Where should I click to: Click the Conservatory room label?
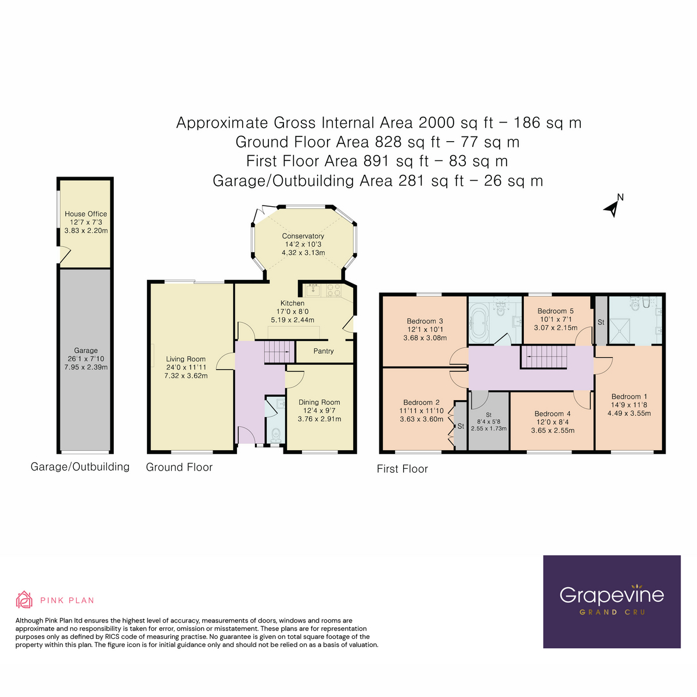point(303,236)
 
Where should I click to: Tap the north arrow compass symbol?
point(613,206)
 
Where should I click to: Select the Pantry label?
point(324,351)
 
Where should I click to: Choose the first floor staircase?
point(542,357)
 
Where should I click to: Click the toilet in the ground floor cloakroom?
point(276,434)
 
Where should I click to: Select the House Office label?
point(86,214)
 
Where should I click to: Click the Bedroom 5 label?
point(555,311)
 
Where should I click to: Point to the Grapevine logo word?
point(612,595)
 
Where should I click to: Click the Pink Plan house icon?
point(24,599)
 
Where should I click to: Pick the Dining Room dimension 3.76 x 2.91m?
point(319,419)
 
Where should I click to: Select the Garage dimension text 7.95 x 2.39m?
point(86,367)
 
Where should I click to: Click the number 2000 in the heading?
point(437,123)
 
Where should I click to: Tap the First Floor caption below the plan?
point(402,469)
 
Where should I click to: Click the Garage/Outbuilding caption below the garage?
point(80,467)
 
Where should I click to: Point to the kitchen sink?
point(314,289)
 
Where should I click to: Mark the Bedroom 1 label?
point(629,397)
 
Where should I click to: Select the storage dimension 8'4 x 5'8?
point(488,422)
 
